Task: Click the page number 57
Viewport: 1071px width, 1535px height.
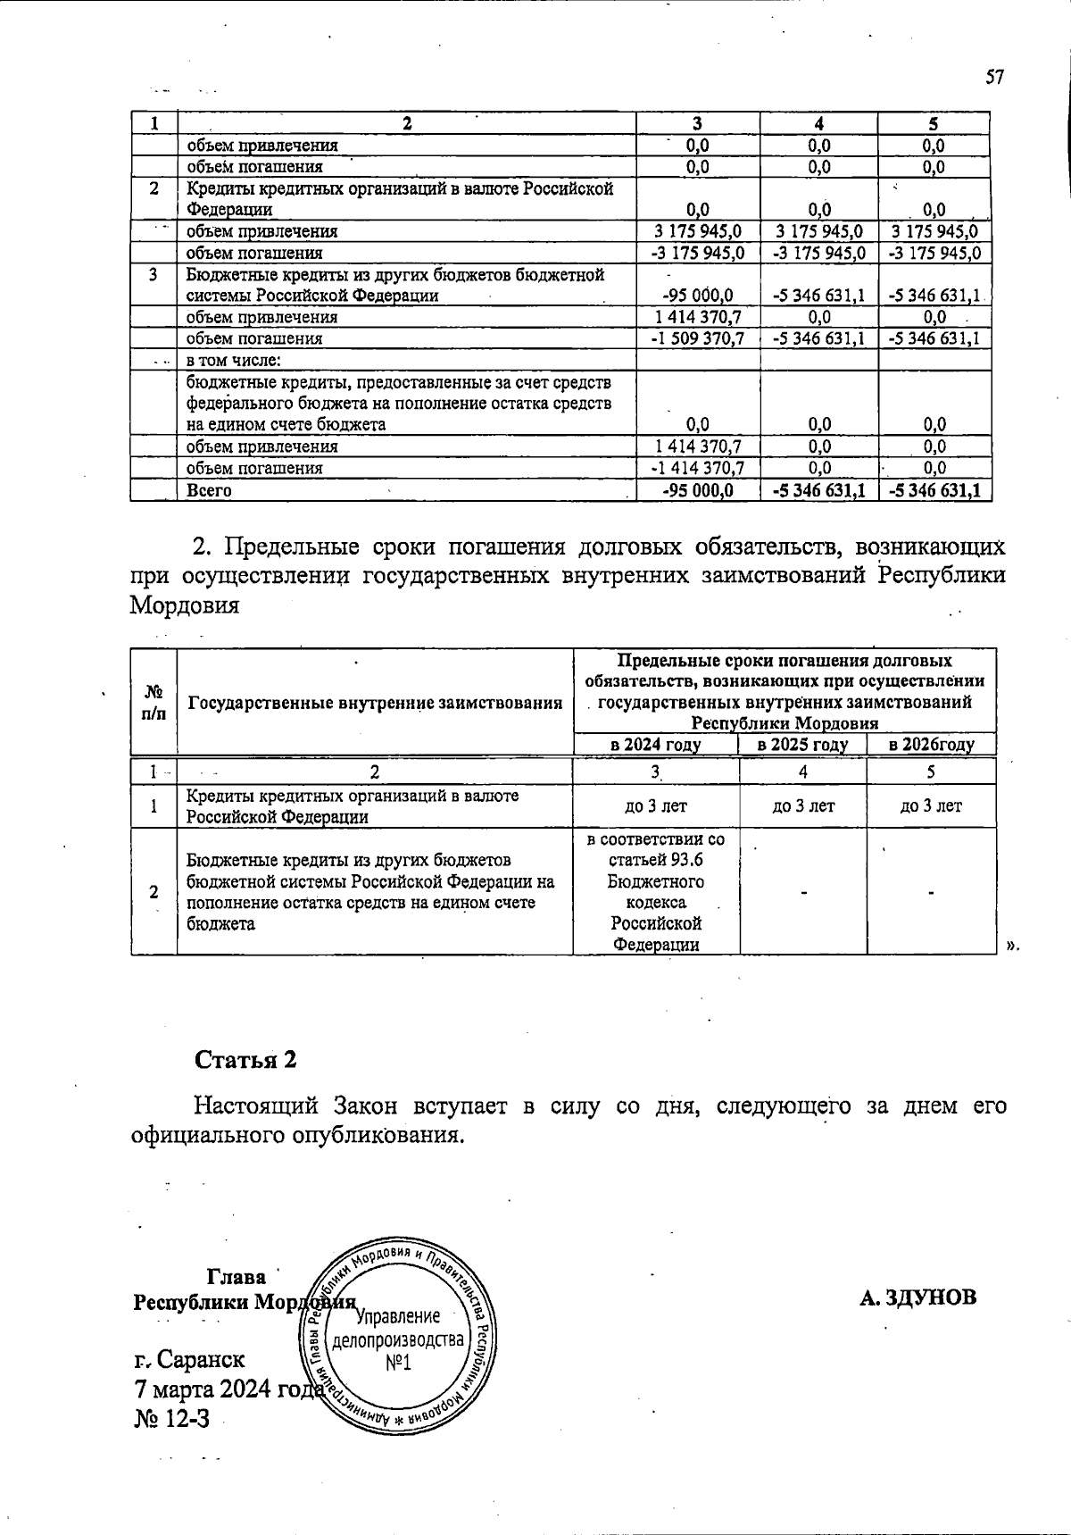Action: coord(995,78)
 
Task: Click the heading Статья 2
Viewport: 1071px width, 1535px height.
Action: coord(245,1060)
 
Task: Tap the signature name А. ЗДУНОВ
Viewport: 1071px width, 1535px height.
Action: coord(918,1297)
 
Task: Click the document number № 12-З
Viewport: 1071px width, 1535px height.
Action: coord(171,1417)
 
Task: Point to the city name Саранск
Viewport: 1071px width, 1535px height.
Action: coord(201,1359)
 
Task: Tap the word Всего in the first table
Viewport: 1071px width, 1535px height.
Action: coord(209,490)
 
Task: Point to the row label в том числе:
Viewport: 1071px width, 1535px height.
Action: coord(234,361)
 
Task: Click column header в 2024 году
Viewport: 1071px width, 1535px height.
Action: coord(655,745)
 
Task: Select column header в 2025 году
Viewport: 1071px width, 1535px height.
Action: coord(802,745)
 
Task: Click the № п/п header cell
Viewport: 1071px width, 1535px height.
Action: coord(154,702)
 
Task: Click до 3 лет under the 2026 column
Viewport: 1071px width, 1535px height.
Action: coord(931,806)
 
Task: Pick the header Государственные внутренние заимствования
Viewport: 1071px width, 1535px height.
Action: coord(374,703)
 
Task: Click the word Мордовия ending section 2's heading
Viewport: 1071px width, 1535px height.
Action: coord(185,605)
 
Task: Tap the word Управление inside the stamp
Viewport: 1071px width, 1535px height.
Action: coord(398,1317)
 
